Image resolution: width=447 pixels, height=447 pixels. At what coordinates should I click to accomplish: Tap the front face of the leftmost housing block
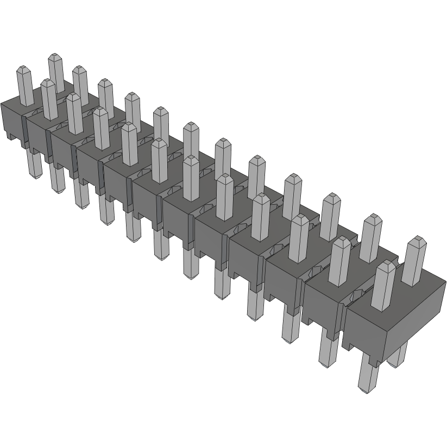11,119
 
